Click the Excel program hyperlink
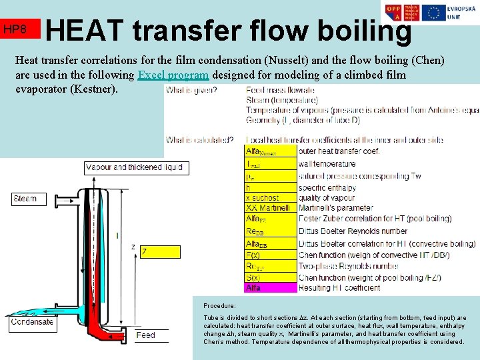173,75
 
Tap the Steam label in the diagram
25,199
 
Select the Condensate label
31,321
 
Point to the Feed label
145,335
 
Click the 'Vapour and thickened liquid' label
134,167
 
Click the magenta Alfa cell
271,288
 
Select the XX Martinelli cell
271,209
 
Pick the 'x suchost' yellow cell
271,198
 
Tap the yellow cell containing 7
159,251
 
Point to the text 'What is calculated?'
200,140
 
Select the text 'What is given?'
191,90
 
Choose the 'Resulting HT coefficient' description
339,288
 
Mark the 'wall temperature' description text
327,163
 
